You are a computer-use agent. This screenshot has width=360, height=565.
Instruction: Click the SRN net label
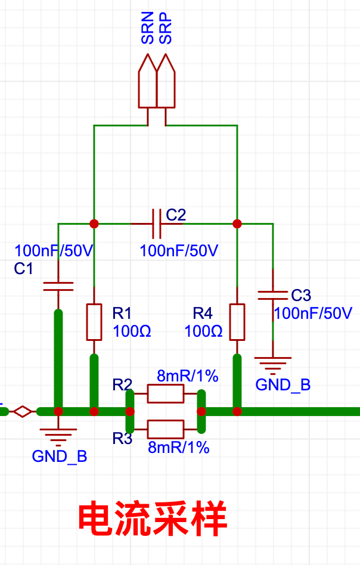[148, 28]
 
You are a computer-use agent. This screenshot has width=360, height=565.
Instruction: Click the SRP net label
[166, 28]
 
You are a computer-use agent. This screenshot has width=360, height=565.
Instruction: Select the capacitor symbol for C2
[157, 223]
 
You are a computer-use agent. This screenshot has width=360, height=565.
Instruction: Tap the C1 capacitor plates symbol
[58, 287]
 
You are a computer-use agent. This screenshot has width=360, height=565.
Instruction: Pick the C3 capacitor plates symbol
[273, 296]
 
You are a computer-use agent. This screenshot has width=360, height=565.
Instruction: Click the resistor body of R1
[94, 322]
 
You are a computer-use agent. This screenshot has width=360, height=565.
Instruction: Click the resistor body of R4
[237, 322]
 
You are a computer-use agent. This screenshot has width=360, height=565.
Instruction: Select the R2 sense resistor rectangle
[166, 393]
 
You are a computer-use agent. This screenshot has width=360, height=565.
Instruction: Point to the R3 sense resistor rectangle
[166, 429]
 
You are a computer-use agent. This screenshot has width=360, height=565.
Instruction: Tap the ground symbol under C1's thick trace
[58, 437]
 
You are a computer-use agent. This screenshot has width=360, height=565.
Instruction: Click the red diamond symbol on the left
[23, 411]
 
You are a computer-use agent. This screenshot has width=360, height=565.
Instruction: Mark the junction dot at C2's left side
[94, 223]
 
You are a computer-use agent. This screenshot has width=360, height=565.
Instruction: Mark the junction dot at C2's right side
[237, 223]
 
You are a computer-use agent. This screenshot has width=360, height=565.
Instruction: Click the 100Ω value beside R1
[132, 331]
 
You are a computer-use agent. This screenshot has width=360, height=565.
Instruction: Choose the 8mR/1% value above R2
[187, 376]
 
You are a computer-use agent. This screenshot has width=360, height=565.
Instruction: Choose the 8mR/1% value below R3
[178, 447]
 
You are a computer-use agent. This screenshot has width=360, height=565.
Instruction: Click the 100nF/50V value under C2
[179, 250]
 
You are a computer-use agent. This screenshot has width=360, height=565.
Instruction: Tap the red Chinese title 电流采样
[153, 519]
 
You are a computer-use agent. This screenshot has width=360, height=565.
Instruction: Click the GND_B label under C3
[283, 385]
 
